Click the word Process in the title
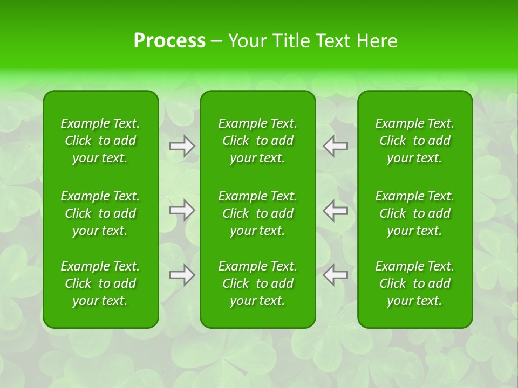169,41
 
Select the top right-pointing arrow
182,146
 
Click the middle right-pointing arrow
182,210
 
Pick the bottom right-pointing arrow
182,275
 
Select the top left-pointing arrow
336,145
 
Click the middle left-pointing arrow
336,210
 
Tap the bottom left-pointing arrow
336,275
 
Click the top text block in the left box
100,141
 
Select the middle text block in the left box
100,213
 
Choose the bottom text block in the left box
100,283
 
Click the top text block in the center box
258,141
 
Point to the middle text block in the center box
258,213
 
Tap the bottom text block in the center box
258,283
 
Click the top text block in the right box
415,141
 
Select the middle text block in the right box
415,213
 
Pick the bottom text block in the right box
415,283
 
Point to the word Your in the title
247,41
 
